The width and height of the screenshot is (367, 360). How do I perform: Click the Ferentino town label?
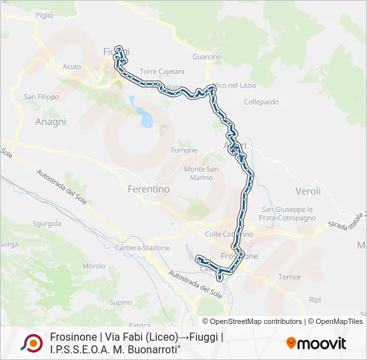coord(148,189)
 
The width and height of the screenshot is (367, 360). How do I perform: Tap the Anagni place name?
coord(51,122)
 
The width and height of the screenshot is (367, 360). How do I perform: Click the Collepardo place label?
coord(261,102)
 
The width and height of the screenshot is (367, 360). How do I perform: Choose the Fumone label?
coord(184,150)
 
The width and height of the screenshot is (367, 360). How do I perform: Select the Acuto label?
coord(71,67)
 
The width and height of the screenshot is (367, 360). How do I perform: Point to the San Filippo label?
coord(39,97)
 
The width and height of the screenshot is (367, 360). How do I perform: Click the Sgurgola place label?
coord(47,223)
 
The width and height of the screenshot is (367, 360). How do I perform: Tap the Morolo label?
coord(93,266)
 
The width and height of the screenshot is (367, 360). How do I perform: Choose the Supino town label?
coord(121,302)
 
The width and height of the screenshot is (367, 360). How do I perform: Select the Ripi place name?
coord(316,301)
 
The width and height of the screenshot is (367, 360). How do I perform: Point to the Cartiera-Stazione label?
coord(142,247)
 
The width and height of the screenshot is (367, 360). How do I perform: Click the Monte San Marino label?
coord(201,173)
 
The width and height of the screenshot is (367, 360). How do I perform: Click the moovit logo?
coord(316,343)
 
